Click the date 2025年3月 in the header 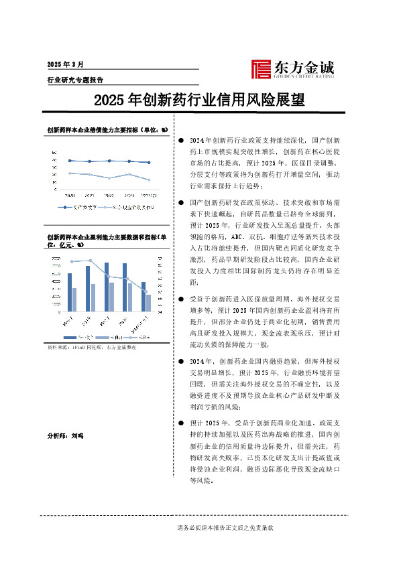65,64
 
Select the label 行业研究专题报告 74,79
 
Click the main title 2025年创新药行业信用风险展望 199,101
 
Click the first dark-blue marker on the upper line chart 70,160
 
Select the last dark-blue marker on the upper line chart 149,162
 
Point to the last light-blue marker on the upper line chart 149,180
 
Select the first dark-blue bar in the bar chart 70,292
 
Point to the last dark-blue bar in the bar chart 143,297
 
